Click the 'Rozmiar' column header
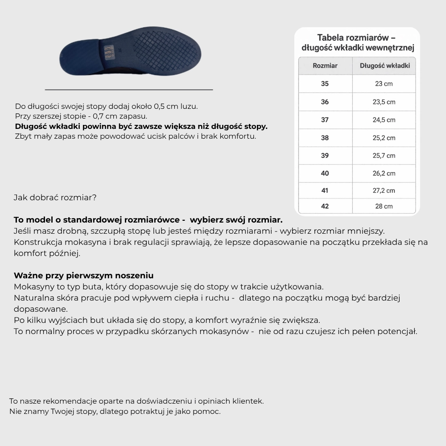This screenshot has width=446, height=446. point(325,66)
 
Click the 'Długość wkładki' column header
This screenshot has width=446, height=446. point(384,66)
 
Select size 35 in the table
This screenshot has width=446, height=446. point(325,84)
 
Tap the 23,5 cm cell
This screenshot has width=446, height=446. point(384,102)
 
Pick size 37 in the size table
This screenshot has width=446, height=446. point(325,120)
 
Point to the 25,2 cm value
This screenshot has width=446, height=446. point(384,138)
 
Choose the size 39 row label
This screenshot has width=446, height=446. point(325,156)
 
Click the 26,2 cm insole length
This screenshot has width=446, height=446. point(384,173)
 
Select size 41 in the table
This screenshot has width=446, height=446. point(325,190)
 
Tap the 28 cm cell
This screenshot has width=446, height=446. point(384,206)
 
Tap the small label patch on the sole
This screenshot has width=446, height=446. point(107,52)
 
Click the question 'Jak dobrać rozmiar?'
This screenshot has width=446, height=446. point(55,197)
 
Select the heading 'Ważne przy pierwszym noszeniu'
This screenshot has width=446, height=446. point(83,276)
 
